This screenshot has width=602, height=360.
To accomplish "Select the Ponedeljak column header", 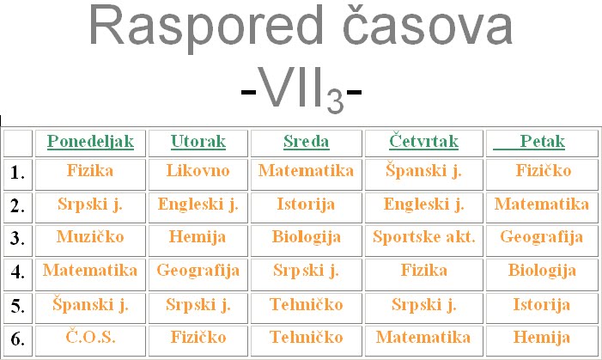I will tap(90, 142).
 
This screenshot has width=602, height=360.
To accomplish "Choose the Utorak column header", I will tap(198, 142).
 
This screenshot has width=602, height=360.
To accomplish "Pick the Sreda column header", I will tap(306, 142).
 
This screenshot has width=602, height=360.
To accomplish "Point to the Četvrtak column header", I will tap(423, 142).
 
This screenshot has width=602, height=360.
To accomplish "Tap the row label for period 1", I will tap(18, 174).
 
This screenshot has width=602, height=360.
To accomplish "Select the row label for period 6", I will tap(18, 338).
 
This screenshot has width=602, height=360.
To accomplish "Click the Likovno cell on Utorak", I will tap(198, 171).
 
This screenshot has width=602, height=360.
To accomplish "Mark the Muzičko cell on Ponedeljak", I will tap(90, 237).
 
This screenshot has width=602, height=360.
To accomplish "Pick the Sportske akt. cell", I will tap(423, 237).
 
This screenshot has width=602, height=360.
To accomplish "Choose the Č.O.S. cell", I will tap(90, 337).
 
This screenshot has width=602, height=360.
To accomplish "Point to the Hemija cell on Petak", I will tap(543, 337).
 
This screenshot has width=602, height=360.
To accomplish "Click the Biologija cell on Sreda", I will tap(306, 237).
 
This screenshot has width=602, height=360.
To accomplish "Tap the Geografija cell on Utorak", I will tap(198, 271).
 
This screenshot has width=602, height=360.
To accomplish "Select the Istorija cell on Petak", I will tap(543, 304).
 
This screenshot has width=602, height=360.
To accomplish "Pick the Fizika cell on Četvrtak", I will tap(423, 271).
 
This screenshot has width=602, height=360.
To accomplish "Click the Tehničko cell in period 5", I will tap(306, 304).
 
